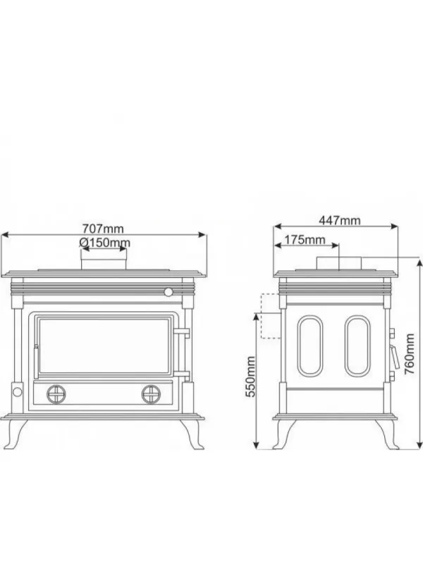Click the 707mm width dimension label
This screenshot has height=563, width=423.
pyautogui.click(x=103, y=229)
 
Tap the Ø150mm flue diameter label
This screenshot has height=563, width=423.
pyautogui.click(x=104, y=243)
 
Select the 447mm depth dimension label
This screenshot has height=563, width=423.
pyautogui.click(x=340, y=220)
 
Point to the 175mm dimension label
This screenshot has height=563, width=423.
pyautogui.click(x=305, y=239)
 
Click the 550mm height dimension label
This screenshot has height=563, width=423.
pyautogui.click(x=250, y=377)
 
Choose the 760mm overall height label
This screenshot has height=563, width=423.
pyautogui.click(x=410, y=354)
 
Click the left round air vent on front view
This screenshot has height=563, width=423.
pyautogui.click(x=56, y=394)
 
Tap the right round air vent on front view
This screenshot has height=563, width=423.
pyautogui.click(x=151, y=394)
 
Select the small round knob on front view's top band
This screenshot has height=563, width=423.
pyautogui.click(x=168, y=292)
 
